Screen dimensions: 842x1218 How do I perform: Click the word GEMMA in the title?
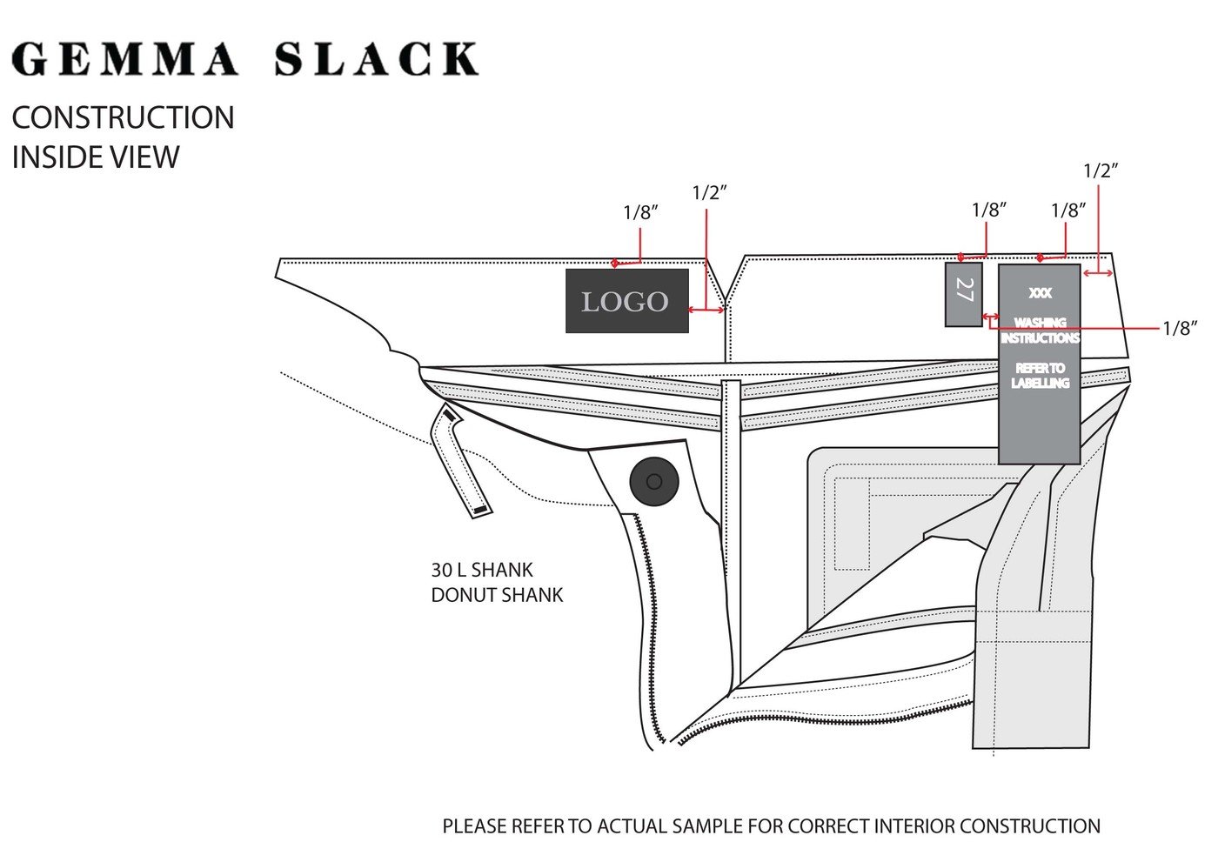pos(125,59)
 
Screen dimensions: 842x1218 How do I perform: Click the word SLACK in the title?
pos(376,59)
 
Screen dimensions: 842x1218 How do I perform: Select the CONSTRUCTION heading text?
pos(123,117)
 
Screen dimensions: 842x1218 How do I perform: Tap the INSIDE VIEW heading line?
pos(95,157)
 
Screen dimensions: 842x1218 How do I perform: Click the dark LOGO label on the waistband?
pos(626,301)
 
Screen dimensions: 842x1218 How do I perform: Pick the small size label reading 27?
pos(963,294)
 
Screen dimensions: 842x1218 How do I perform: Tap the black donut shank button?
pos(653,481)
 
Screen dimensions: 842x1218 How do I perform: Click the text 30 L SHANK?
pos(482,571)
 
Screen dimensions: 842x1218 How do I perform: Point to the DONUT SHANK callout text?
pos(497,596)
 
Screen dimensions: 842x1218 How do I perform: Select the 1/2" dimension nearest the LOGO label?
pos(709,193)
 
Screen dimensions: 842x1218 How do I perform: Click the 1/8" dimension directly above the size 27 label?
pos(989,210)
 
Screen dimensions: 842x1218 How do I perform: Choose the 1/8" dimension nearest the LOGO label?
pos(640,212)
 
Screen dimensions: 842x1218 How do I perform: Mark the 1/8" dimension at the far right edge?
pos(1180,328)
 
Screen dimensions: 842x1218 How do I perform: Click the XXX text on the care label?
pos(1040,294)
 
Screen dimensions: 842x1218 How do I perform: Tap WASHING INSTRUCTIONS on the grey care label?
pos(1040,330)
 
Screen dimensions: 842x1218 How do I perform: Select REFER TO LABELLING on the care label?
pos(1040,376)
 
